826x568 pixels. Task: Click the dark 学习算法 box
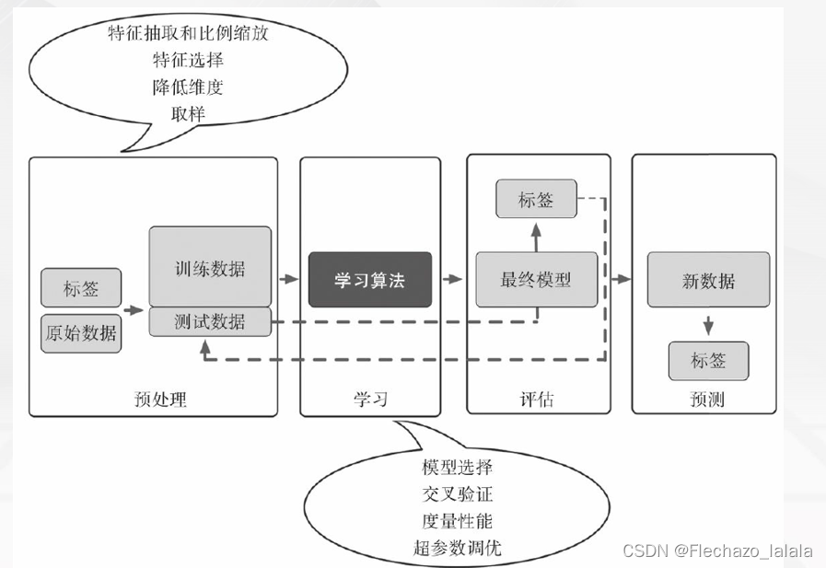coord(369,280)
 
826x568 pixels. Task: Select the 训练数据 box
coord(210,268)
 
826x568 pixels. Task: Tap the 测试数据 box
coord(210,321)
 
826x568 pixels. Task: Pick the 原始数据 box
coord(81,333)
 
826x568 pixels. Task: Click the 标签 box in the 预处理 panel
coord(81,289)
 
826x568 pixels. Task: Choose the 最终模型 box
coord(536,279)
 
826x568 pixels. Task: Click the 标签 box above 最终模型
coord(536,199)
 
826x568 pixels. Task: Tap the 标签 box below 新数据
coord(708,361)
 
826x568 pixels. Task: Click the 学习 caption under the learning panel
coord(370,400)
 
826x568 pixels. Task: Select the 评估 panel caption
coord(537,400)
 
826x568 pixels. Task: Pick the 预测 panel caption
coord(706,400)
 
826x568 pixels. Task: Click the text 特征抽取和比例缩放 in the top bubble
coord(188,34)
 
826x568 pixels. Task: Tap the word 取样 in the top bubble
coord(188,114)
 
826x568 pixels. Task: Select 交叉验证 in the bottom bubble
coord(458,495)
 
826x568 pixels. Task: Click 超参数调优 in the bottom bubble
coord(458,549)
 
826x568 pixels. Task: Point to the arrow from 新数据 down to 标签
coord(708,325)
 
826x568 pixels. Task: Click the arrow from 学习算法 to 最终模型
coord(452,279)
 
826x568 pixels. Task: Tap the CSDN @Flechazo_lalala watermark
coord(718,551)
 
